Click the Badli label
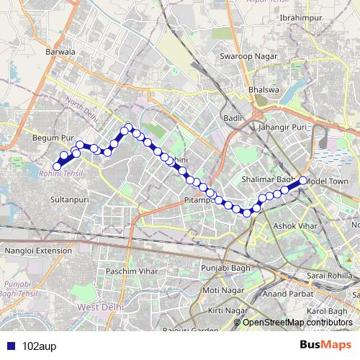point(231,117)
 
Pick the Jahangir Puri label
point(282,127)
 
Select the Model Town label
point(327,181)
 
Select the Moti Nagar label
point(220,290)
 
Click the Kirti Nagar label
point(224,310)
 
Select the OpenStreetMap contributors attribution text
point(297,323)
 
